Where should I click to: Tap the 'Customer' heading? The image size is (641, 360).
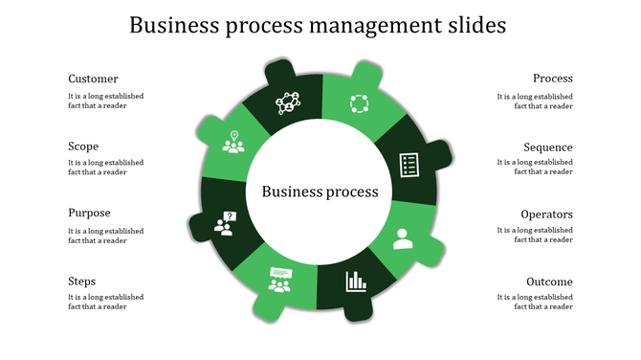coord(93,79)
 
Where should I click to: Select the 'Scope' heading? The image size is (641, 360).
coord(83,146)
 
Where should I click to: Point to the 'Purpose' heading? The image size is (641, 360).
coord(89,214)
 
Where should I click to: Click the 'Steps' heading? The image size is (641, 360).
coord(81,281)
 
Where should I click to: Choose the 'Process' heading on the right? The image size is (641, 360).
coord(553,79)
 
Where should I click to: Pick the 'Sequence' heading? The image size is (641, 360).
coord(548,147)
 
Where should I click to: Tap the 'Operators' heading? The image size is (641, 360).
coord(546,214)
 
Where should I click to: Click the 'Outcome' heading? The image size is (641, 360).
coord(549,282)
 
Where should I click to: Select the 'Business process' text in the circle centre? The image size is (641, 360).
coord(320,191)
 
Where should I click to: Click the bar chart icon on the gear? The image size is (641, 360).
coord(356,281)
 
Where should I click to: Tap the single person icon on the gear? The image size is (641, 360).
coord(402,237)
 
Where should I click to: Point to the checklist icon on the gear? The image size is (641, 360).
coord(409,164)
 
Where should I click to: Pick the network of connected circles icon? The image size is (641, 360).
coord(288,101)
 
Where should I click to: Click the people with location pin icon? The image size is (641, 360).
coord(232,143)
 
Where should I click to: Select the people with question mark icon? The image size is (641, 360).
coord(225,224)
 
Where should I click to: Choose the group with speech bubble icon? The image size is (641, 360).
coord(279,279)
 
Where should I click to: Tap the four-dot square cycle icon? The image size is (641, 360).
coord(358,103)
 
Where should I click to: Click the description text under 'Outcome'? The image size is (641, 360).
coord(535,303)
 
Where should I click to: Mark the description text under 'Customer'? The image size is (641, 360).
coord(105,101)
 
